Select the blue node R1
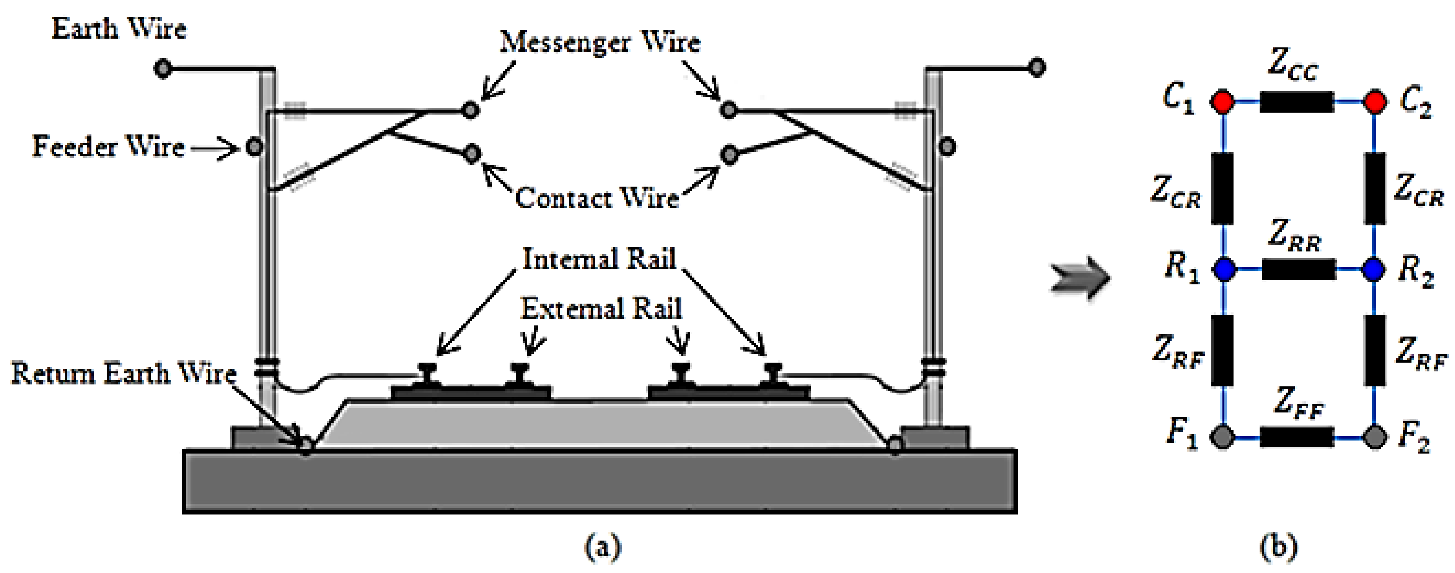(x=1224, y=269)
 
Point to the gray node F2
(x=1374, y=437)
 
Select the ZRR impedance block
(x=1298, y=269)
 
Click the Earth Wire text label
(x=118, y=28)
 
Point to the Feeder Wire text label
(x=108, y=147)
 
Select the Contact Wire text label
(x=597, y=198)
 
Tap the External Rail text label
(x=601, y=309)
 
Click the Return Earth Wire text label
(x=124, y=373)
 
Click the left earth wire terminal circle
(x=162, y=69)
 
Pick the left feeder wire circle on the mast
(x=255, y=147)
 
